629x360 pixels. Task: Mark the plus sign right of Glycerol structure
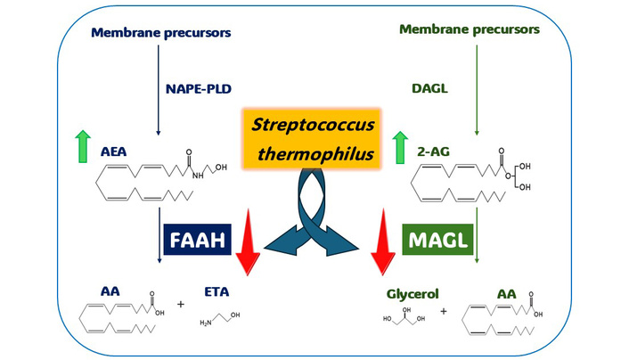(443, 312)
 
